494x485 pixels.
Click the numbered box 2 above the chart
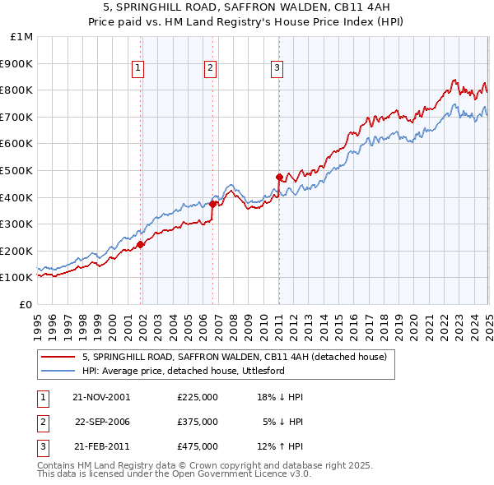(210, 68)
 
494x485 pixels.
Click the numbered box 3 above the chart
(277, 68)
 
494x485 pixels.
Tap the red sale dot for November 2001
(141, 243)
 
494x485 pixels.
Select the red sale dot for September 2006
(213, 204)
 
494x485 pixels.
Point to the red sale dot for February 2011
(279, 177)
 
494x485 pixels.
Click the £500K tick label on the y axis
(16, 170)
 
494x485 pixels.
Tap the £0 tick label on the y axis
(26, 304)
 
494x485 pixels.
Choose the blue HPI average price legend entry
(183, 371)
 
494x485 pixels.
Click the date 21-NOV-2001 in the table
(101, 397)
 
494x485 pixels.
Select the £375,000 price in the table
(198, 422)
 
